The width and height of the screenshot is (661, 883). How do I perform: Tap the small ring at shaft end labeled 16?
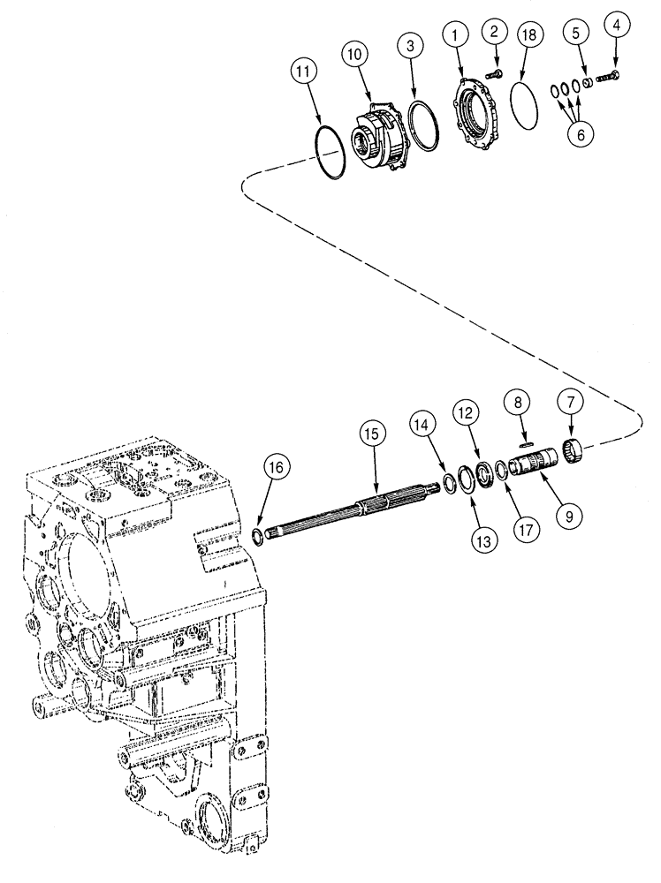tap(257, 535)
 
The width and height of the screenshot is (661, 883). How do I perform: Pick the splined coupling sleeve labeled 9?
tap(538, 463)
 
